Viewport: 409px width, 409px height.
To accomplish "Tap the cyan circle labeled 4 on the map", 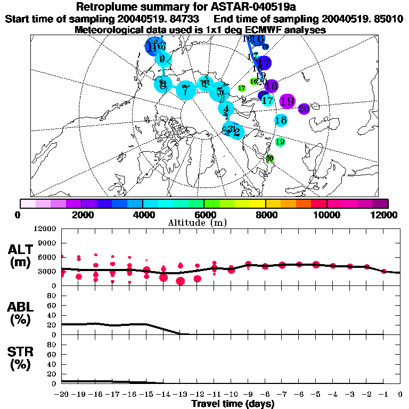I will [226, 109].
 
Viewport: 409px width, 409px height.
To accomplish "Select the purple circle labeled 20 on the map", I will [304, 109].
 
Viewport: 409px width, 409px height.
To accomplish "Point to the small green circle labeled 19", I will [280, 142].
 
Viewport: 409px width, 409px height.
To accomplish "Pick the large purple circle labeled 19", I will [287, 101].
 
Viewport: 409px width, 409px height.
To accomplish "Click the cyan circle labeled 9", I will [163, 59].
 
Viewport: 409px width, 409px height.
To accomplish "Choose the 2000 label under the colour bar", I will [81, 215].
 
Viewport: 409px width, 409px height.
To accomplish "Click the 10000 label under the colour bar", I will [326, 215].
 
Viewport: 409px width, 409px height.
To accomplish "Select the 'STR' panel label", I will [21, 351].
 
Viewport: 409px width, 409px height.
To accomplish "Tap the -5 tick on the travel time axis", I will [316, 395].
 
